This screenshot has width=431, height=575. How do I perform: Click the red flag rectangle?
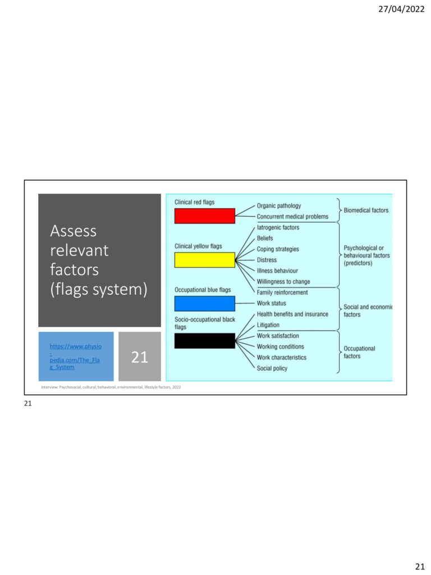point(204,216)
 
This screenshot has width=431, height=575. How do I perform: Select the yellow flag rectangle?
point(204,260)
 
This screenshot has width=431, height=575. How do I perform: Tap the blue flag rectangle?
point(204,304)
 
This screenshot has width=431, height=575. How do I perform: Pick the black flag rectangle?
point(204,341)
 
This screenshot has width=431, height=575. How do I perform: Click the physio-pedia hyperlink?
point(76,357)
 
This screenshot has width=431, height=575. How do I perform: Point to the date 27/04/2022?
point(401,9)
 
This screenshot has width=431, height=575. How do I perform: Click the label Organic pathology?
point(279,206)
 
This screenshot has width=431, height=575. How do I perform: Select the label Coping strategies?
point(278,249)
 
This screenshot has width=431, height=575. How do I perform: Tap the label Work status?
point(271,303)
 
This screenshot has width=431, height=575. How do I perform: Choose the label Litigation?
point(268,325)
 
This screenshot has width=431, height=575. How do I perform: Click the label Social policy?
point(272,368)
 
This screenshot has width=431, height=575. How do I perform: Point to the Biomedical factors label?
point(366,210)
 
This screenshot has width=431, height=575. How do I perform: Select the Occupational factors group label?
point(359,352)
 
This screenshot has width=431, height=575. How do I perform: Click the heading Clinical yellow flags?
point(198,246)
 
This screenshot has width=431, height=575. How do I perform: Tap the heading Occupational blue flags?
point(203,290)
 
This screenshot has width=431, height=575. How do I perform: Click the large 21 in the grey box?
point(140,357)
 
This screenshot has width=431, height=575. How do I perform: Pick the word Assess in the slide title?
point(74,231)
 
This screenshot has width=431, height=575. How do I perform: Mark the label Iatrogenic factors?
point(278,227)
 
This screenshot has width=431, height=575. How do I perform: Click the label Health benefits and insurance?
point(292,314)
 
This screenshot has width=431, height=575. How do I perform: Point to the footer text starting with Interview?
point(111,387)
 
